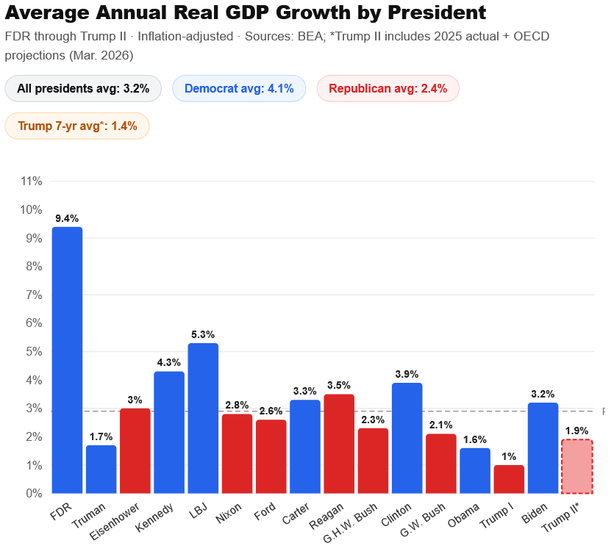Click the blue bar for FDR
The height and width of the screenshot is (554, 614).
tap(67, 360)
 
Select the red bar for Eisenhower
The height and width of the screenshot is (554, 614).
tap(135, 450)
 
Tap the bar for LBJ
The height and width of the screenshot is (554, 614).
tap(203, 418)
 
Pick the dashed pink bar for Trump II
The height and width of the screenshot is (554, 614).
tap(577, 467)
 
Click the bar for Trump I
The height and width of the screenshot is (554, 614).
tap(509, 479)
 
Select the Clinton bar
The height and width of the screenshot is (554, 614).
tap(407, 438)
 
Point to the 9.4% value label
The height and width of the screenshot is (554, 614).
tap(67, 218)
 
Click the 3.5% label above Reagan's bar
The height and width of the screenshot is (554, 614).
tap(339, 385)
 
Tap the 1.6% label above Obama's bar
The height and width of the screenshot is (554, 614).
tap(475, 439)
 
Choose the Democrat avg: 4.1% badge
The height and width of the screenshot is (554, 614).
tap(239, 89)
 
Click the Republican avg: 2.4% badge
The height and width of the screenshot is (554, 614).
tap(388, 89)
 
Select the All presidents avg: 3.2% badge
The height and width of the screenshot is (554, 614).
tap(83, 89)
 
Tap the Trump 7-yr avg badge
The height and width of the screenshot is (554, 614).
tap(77, 126)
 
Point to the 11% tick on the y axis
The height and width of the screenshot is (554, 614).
tap(31, 181)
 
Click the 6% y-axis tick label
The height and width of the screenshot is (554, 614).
tap(34, 323)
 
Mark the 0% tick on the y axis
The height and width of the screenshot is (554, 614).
tap(34, 494)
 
